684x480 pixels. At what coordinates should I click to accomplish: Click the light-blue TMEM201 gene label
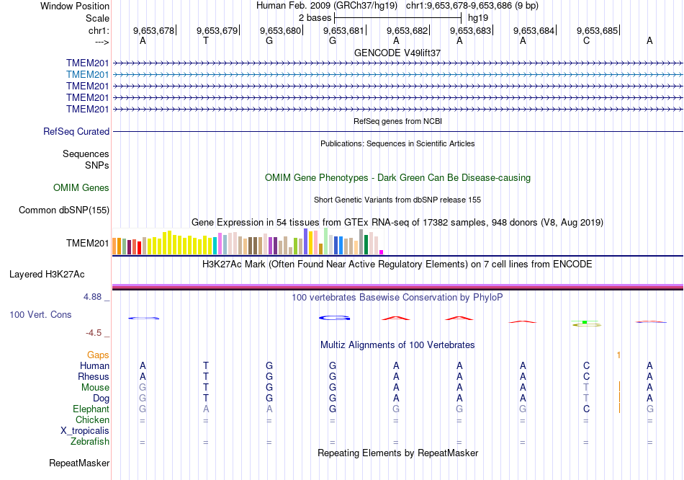point(88,74)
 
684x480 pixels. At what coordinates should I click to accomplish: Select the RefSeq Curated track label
point(76,132)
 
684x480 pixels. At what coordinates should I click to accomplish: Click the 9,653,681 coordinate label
point(343,31)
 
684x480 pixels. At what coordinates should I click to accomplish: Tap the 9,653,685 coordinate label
point(597,31)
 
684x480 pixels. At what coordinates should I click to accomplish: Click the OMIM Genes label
point(81,188)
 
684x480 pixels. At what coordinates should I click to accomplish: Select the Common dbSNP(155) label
point(64,210)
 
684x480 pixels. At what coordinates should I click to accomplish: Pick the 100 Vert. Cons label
point(40,315)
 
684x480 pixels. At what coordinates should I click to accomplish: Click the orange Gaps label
point(99,355)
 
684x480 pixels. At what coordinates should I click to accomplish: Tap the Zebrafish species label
point(90,441)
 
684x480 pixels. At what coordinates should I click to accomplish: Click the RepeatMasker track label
point(79,463)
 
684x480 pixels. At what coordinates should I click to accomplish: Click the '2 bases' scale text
point(315,17)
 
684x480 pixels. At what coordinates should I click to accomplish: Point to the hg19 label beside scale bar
point(478,17)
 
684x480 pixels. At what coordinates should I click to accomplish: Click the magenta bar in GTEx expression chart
point(381,252)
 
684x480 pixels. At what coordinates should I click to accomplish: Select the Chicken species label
point(92,419)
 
